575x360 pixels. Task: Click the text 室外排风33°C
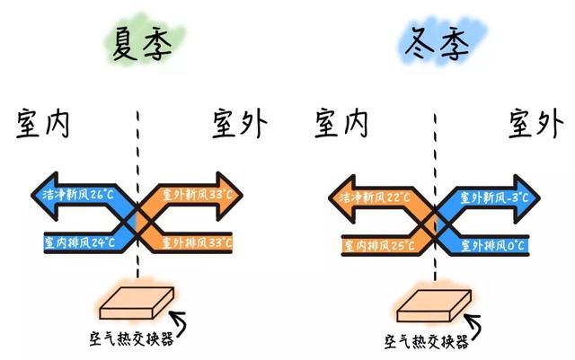[197, 242]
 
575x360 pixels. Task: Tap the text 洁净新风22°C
[376, 196]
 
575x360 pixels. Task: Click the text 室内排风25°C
[378, 243]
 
